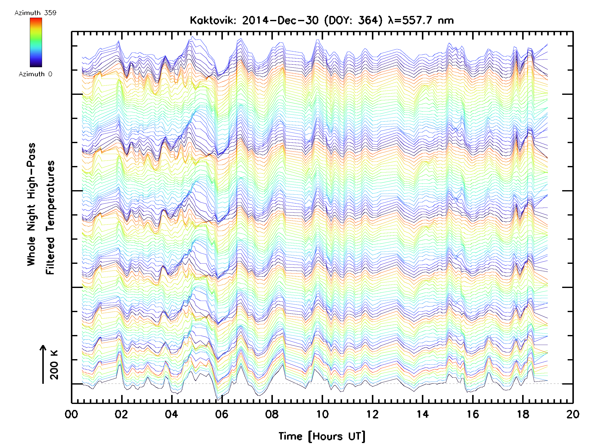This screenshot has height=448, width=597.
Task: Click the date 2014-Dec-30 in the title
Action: [x=280, y=20]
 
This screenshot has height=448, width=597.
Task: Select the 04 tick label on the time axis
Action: [x=171, y=414]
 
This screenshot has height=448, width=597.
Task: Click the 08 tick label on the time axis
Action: [x=272, y=414]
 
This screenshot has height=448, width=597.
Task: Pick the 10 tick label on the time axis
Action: [x=322, y=414]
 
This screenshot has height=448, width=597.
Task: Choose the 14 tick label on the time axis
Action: [x=423, y=414]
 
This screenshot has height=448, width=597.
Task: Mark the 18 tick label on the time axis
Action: [x=523, y=414]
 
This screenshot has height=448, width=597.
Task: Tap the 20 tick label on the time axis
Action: [x=573, y=414]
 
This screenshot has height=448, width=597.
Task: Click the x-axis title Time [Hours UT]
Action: [x=322, y=436]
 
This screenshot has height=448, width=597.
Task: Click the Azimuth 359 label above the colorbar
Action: [x=35, y=13]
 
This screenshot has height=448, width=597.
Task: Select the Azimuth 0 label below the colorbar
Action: [x=35, y=74]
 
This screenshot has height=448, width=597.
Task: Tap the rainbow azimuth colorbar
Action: [x=36, y=42]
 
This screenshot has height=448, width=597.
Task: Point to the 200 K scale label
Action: [x=54, y=365]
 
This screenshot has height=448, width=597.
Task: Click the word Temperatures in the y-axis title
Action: [x=50, y=217]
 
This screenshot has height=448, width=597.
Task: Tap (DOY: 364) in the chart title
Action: [x=353, y=20]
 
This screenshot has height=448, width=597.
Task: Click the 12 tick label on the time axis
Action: [x=372, y=414]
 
